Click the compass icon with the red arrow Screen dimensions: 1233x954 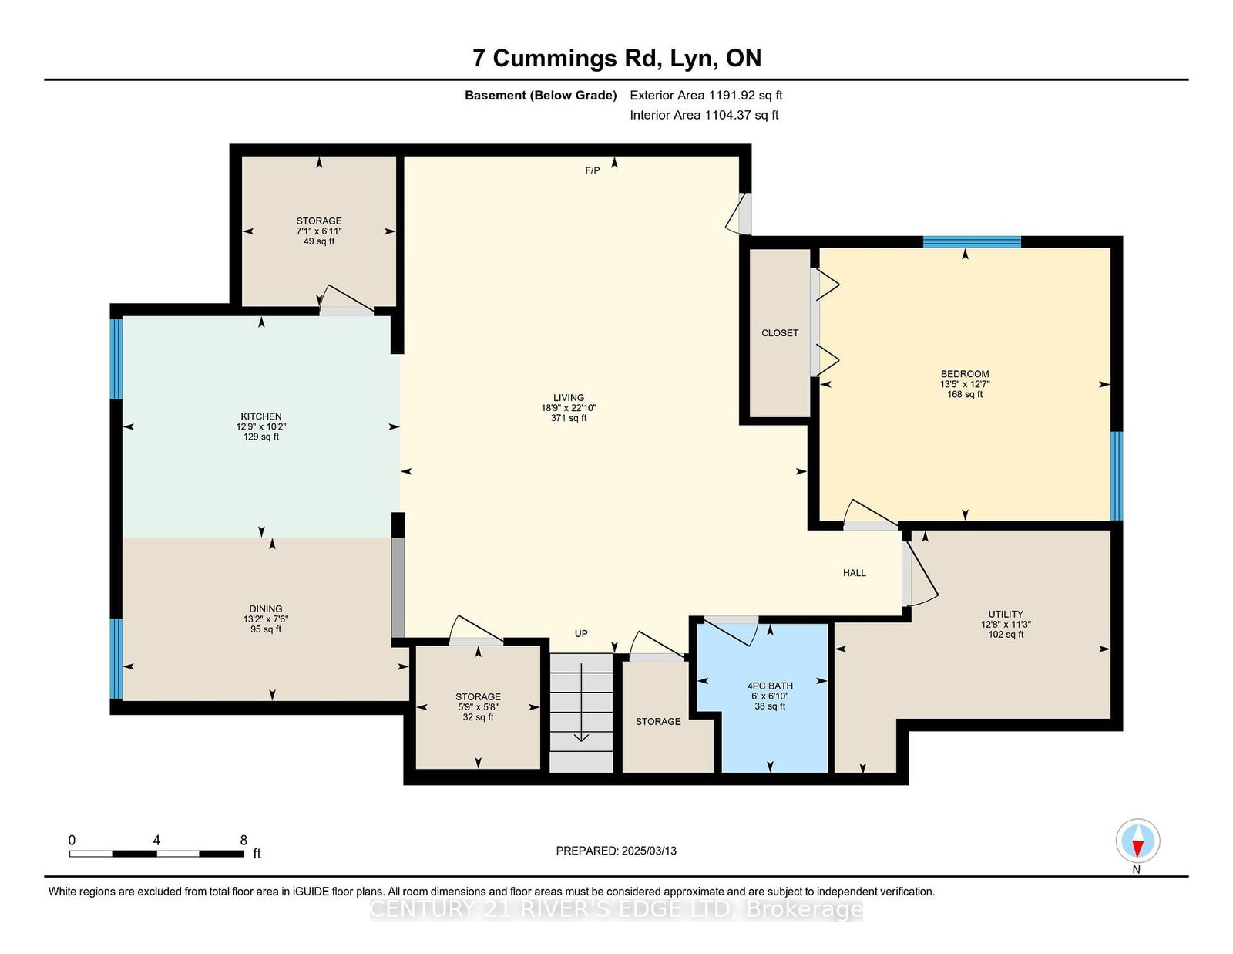click(x=1137, y=841)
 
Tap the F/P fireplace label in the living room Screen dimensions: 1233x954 click(x=592, y=170)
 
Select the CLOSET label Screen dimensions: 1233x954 click(x=780, y=333)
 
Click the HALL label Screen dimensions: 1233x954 click(x=854, y=573)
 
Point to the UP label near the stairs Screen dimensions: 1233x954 click(x=581, y=633)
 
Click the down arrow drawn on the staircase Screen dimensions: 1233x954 click(x=581, y=703)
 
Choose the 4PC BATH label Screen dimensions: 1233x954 click(x=770, y=686)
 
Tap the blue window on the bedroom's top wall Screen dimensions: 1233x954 click(x=972, y=242)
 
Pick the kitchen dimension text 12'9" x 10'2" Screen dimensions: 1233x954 click(x=261, y=426)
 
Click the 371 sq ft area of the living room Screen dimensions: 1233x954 click(x=569, y=418)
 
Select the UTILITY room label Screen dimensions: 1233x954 click(x=1006, y=614)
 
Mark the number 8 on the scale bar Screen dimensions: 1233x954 click(x=244, y=840)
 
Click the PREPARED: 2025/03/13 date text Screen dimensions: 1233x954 click(x=616, y=851)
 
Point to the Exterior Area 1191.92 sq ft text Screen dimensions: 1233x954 click(x=706, y=96)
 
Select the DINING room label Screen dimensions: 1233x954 click(x=266, y=608)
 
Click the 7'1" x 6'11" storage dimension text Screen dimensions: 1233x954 click(x=319, y=231)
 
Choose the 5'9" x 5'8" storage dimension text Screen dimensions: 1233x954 click(x=478, y=707)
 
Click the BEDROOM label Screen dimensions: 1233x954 click(x=965, y=374)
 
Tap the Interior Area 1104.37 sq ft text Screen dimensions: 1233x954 click(x=704, y=115)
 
